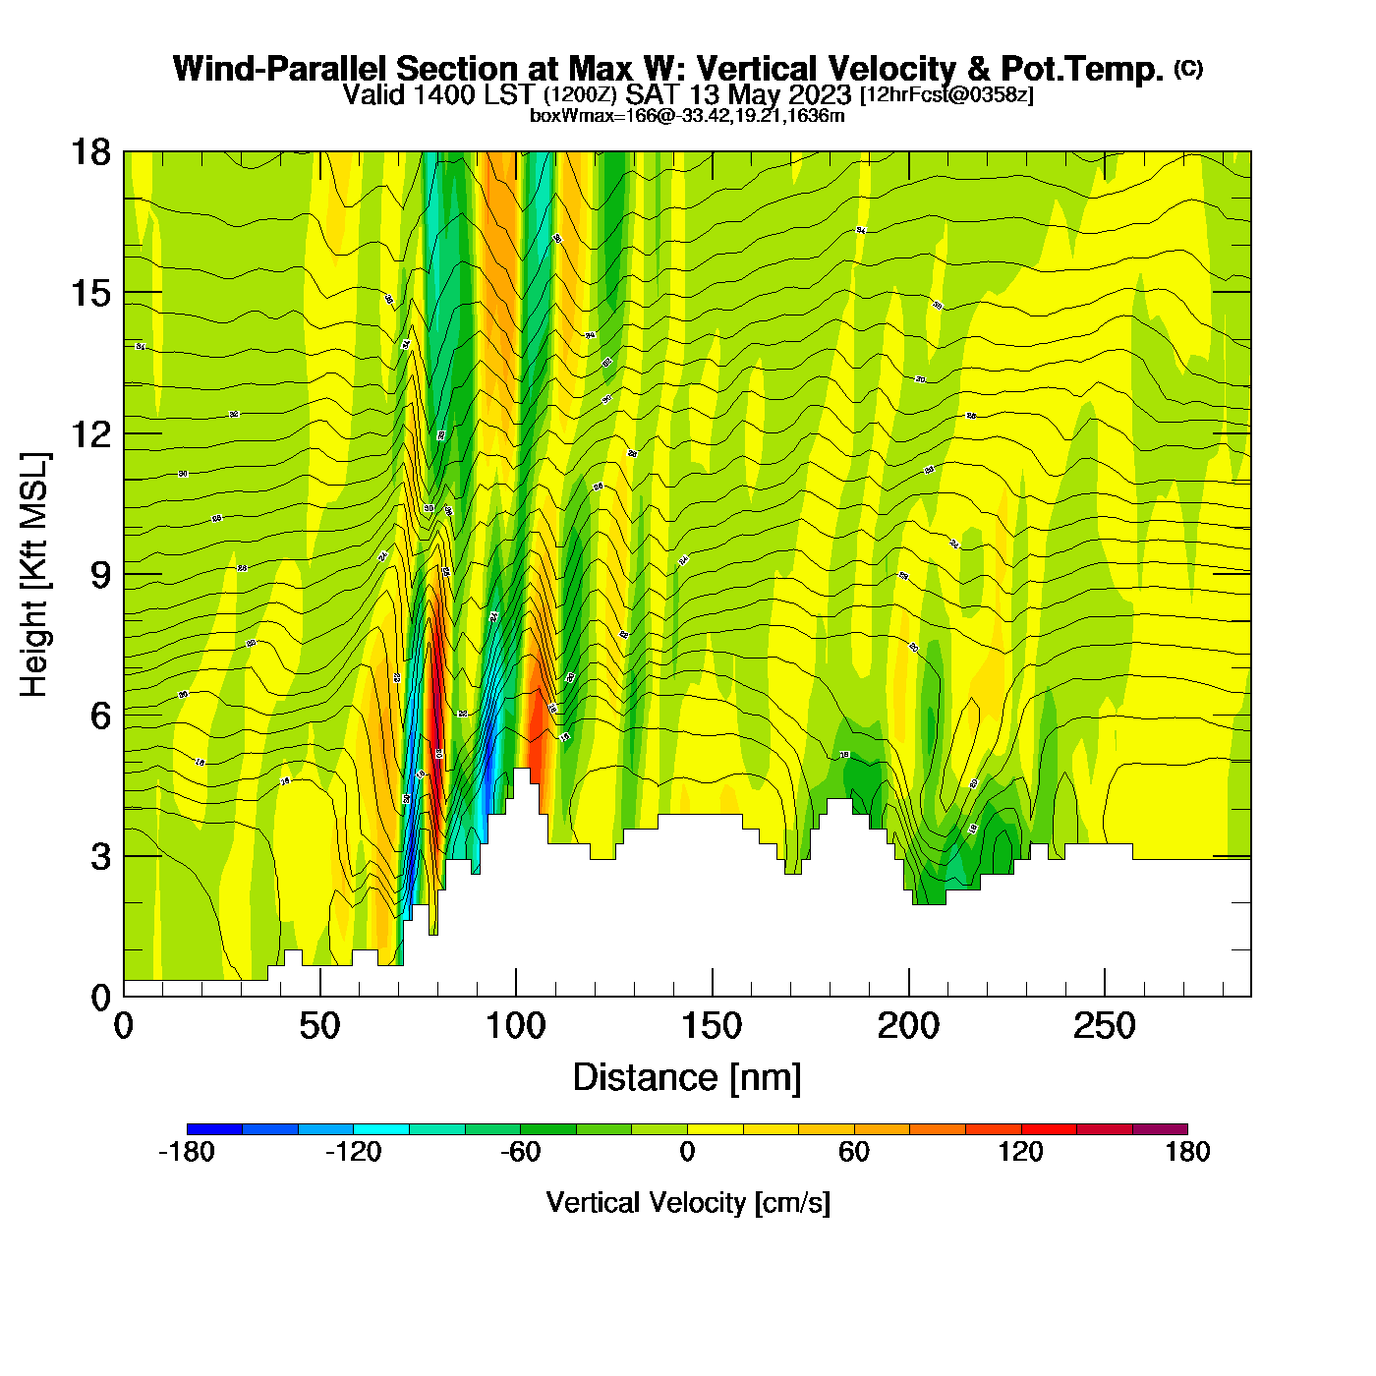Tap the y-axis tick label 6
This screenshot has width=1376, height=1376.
[x=100, y=716]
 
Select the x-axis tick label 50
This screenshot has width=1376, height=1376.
[x=319, y=1027]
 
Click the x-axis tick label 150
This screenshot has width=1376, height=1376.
[x=712, y=1027]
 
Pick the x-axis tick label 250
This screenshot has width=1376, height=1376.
[x=1104, y=1027]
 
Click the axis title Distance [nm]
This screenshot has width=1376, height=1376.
[x=687, y=1078]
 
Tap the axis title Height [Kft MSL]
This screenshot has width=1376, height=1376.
[x=34, y=575]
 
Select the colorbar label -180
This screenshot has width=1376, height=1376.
[x=187, y=1153]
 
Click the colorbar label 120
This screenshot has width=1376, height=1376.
[x=1020, y=1153]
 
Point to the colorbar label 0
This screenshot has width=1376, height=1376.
[x=687, y=1153]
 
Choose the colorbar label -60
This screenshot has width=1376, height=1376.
[x=520, y=1153]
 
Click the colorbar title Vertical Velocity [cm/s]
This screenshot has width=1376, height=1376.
[x=687, y=1203]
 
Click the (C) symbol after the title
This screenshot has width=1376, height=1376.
[x=1187, y=68]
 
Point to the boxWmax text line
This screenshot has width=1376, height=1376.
[x=687, y=116]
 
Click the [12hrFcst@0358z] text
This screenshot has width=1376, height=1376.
[x=946, y=95]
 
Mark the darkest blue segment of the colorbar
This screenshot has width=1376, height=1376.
[x=214, y=1129]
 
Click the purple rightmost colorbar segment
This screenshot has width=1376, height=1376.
[x=1160, y=1129]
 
